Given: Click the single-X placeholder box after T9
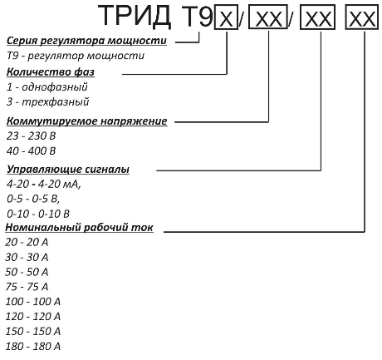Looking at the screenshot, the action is pyautogui.click(x=226, y=17).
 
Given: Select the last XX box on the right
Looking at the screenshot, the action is pyautogui.click(x=362, y=17).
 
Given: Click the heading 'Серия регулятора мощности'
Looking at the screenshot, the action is pyautogui.click(x=86, y=41).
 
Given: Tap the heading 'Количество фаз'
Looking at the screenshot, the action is pyautogui.click(x=51, y=72).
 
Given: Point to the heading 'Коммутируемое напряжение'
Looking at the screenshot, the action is pyautogui.click(x=86, y=121).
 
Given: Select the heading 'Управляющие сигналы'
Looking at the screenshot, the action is pyautogui.click(x=68, y=170).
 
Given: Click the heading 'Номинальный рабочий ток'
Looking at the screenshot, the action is pyautogui.click(x=79, y=228).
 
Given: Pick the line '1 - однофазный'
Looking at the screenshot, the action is pyautogui.click(x=47, y=87).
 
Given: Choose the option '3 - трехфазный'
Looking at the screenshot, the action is pyautogui.click(x=47, y=101).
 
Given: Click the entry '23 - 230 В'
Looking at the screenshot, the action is pyautogui.click(x=31, y=136).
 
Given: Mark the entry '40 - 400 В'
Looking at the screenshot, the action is pyautogui.click(x=31, y=151).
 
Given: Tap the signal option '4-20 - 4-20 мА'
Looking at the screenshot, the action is pyautogui.click(x=44, y=184).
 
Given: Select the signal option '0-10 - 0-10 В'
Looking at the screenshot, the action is pyautogui.click(x=38, y=214).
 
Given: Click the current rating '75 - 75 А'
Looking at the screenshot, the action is pyautogui.click(x=27, y=287).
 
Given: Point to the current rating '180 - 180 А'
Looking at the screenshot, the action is pyautogui.click(x=32, y=347).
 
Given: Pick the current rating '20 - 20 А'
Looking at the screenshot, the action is pyautogui.click(x=27, y=243).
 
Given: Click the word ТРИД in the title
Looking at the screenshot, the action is pyautogui.click(x=135, y=16).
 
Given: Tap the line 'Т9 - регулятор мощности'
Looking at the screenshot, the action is pyautogui.click(x=76, y=56).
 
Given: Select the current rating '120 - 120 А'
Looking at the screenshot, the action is pyautogui.click(x=32, y=317).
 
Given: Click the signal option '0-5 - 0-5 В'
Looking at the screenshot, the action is pyautogui.click(x=33, y=199).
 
